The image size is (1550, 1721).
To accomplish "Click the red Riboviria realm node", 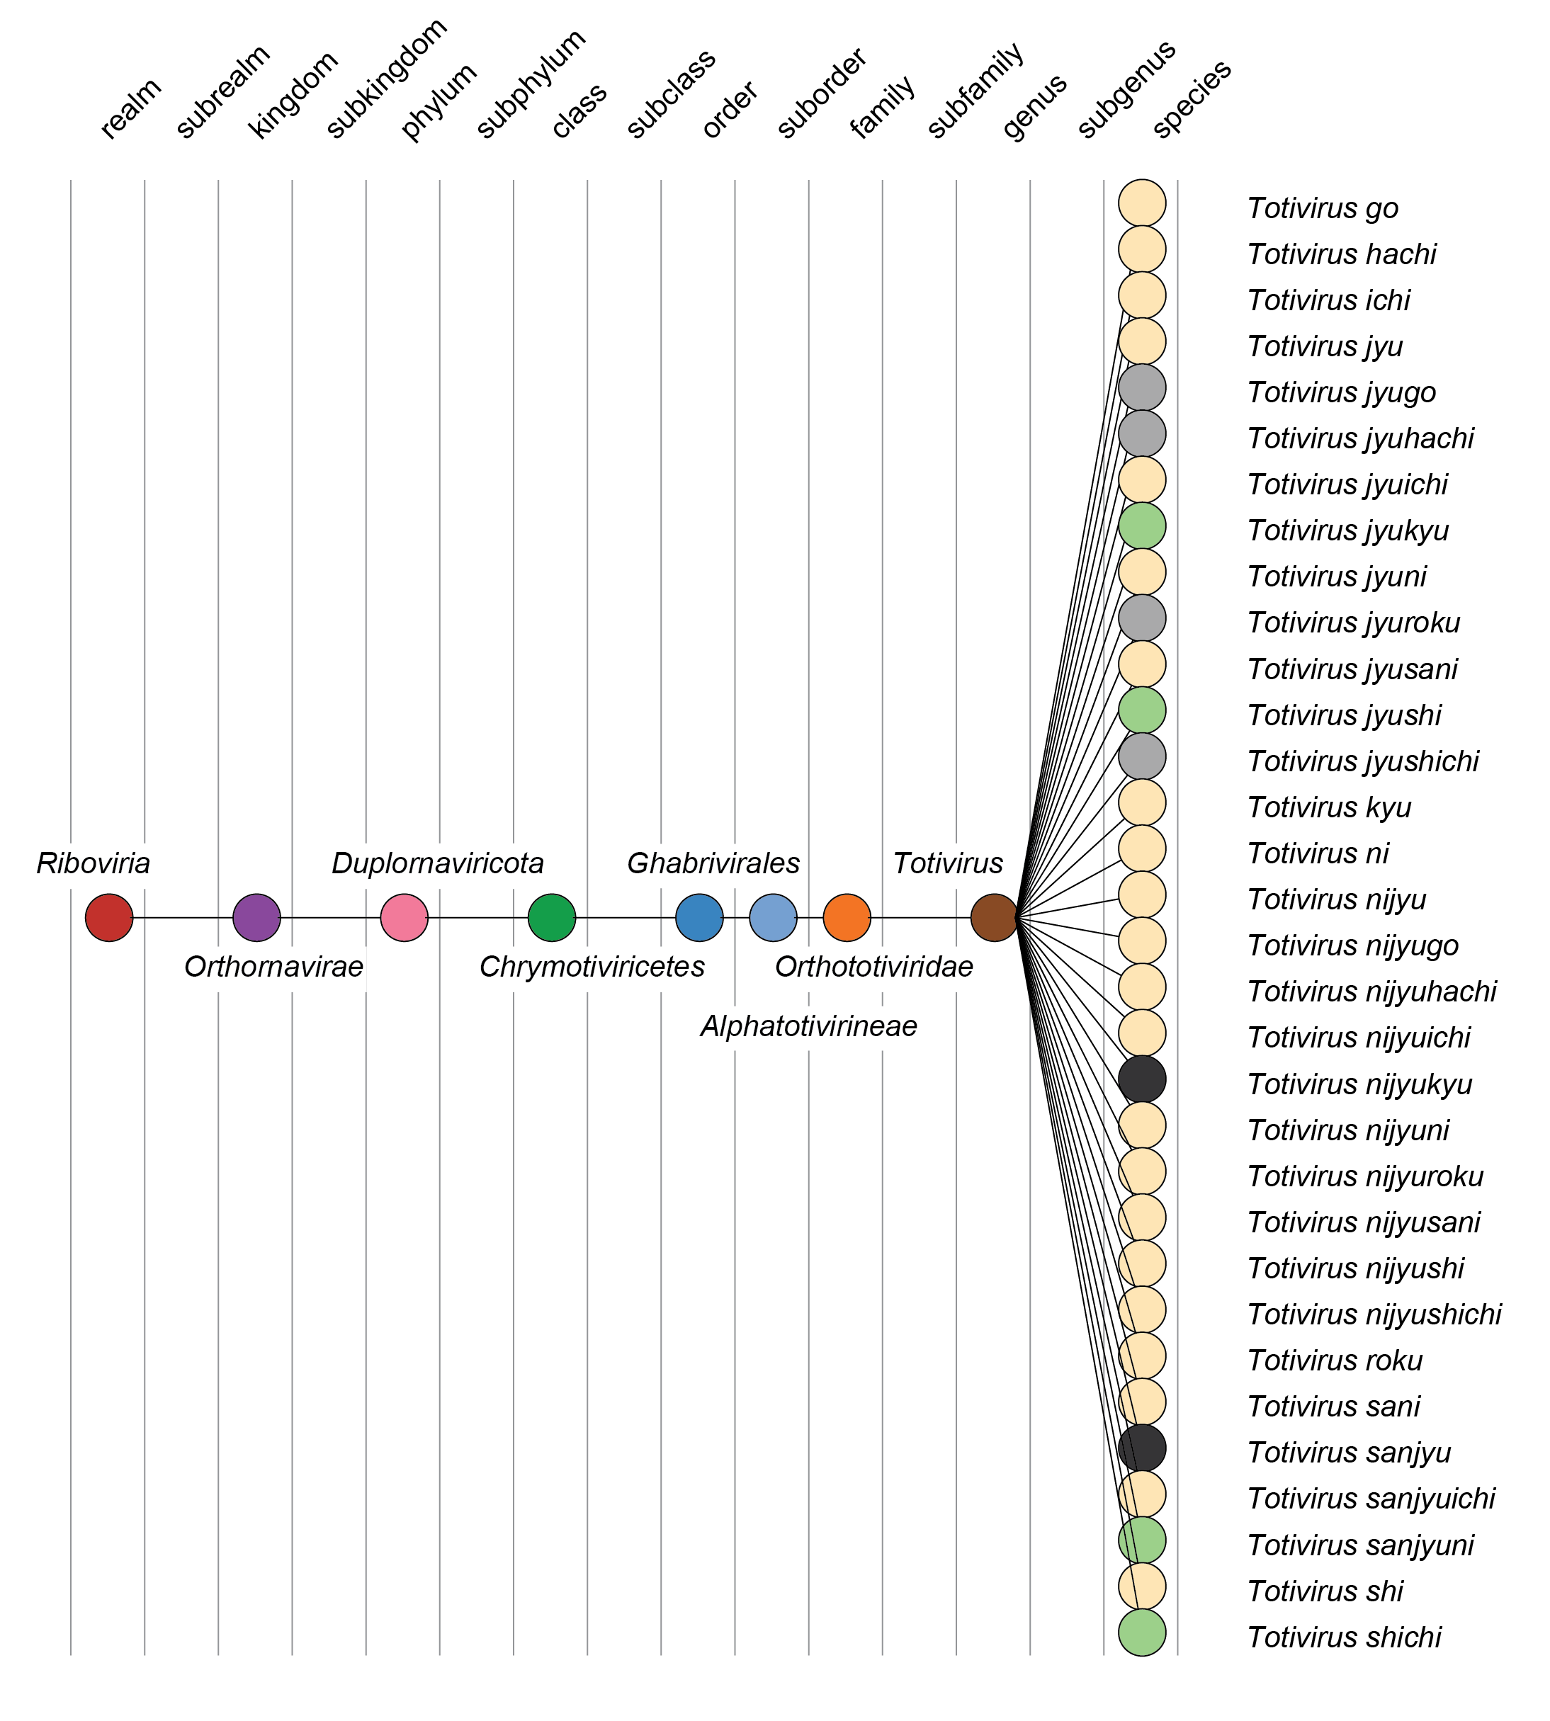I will point(109,917).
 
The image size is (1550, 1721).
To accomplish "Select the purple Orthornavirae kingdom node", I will point(256,917).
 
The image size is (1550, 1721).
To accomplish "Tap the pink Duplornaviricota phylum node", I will point(404,917).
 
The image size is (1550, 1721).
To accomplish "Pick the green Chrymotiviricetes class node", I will point(552,917).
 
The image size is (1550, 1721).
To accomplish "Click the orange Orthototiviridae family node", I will point(847,917).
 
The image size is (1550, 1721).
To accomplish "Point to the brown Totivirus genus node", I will point(994,917).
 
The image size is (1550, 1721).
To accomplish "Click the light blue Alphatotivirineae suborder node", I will point(772,917).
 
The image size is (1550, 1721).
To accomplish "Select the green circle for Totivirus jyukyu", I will point(1141,526).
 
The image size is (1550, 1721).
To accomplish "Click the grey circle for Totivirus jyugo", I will point(1141,387).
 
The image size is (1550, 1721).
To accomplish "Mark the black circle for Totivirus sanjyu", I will point(1141,1448).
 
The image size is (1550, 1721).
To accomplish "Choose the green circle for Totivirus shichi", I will point(1141,1632).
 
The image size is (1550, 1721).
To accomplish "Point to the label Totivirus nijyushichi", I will point(1374,1314).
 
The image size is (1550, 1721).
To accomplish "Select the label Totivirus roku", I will point(1335,1361).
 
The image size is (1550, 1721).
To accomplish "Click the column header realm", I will point(130,109).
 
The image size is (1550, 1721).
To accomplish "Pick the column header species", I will point(1192,98).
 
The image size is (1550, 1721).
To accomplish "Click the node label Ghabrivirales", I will point(713,863).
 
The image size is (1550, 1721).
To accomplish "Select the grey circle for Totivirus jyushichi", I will point(1141,756).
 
